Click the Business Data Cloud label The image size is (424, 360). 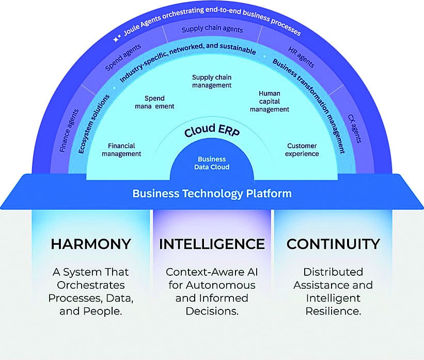pyautogui.click(x=212, y=163)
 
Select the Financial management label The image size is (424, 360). pyautogui.click(x=121, y=150)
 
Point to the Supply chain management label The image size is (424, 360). pyautogui.click(x=212, y=81)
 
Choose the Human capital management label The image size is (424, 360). pyautogui.click(x=270, y=101)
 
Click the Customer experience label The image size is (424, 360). pyautogui.click(x=303, y=150)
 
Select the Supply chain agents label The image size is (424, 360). pyautogui.click(x=212, y=30)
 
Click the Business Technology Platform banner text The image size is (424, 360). pyautogui.click(x=212, y=194)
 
